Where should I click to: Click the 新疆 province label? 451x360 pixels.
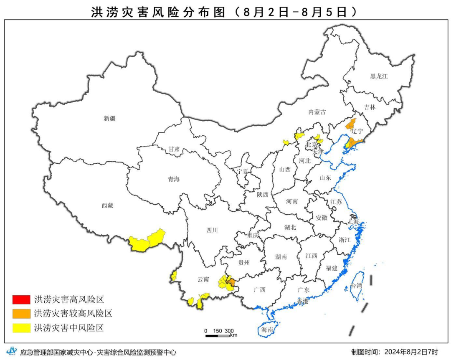click(110, 118)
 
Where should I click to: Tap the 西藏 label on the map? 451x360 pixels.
click(107, 205)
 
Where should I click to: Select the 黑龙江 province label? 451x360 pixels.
click(379, 76)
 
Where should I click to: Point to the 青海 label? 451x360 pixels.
click(174, 179)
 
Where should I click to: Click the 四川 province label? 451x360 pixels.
click(212, 230)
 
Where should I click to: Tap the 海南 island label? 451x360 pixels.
click(267, 330)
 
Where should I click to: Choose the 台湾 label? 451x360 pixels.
click(356, 286)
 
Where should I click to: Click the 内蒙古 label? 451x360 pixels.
click(317, 112)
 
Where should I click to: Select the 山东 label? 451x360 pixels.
click(325, 177)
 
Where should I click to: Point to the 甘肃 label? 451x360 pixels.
click(174, 149)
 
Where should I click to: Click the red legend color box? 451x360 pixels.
click(21, 299)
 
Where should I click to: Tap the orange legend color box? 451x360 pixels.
click(21, 313)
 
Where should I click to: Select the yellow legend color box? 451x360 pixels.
click(21, 327)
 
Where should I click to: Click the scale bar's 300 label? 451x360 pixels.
click(229, 331)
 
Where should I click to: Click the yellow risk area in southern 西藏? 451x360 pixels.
click(146, 240)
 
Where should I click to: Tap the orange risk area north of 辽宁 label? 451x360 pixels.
click(351, 124)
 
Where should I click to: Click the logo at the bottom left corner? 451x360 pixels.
click(13, 351)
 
